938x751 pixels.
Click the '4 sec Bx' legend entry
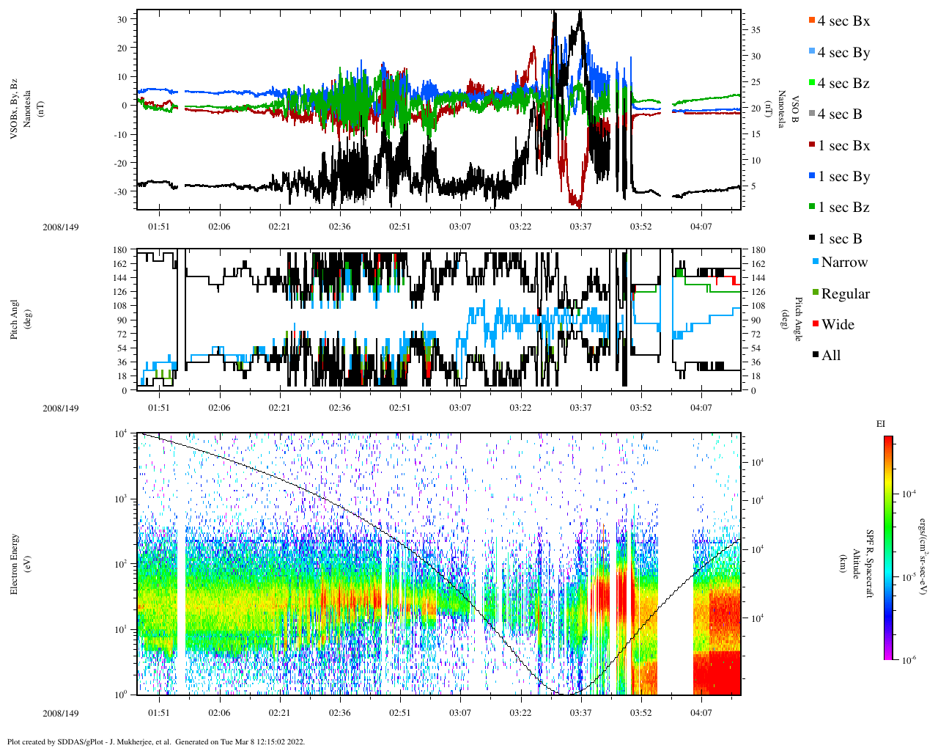click(843, 21)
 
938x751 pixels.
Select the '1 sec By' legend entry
click(843, 177)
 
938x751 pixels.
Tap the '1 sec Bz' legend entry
click(843, 208)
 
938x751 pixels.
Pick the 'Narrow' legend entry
click(843, 263)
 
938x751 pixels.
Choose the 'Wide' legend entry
click(837, 325)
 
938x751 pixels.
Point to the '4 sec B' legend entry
click(839, 114)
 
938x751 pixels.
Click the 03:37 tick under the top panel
click(580, 227)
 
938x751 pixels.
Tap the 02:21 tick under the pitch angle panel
click(279, 408)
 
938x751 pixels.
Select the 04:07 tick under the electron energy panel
click(701, 713)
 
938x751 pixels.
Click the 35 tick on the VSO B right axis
click(755, 30)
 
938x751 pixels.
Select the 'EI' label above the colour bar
click(881, 424)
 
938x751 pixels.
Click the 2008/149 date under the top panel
click(60, 227)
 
